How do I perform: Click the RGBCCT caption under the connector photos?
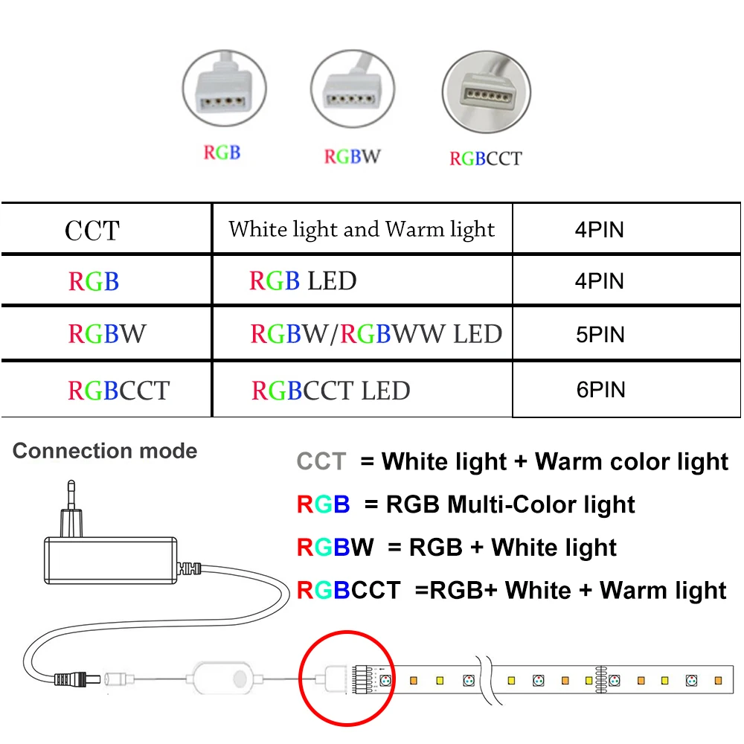(x=485, y=158)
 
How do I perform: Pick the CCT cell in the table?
(x=92, y=230)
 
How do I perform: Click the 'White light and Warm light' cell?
(x=362, y=229)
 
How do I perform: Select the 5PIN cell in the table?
(x=600, y=335)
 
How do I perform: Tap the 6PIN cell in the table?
(x=600, y=390)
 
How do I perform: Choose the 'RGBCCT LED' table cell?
(x=331, y=391)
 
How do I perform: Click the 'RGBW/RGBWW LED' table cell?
(x=376, y=335)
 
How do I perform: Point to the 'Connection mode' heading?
(x=105, y=451)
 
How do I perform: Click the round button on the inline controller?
(x=240, y=679)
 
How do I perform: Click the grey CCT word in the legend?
(x=321, y=462)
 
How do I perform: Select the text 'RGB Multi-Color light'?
(x=510, y=505)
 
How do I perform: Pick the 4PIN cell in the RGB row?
(x=600, y=281)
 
